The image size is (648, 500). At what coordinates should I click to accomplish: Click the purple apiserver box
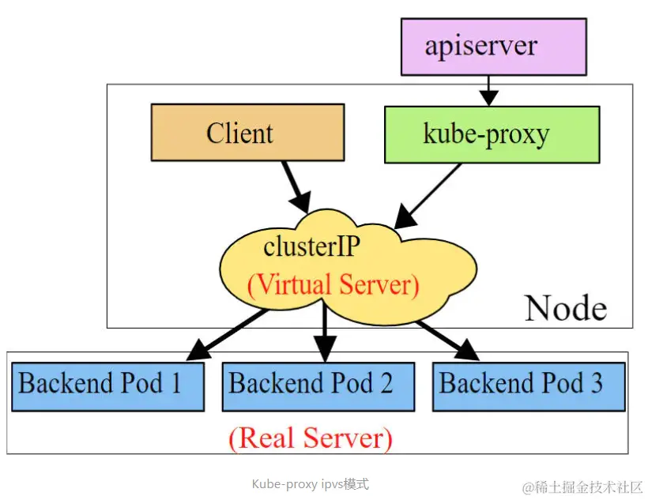[493, 46]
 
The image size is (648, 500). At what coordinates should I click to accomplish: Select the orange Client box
[247, 133]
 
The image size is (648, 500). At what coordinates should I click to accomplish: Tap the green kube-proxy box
[492, 134]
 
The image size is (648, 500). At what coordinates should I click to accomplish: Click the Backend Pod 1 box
[108, 386]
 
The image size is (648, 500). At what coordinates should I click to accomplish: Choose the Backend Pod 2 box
[318, 386]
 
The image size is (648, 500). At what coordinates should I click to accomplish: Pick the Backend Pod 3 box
[529, 386]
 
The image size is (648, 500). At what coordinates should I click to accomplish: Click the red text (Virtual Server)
[333, 284]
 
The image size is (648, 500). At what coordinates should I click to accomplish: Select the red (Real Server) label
[310, 437]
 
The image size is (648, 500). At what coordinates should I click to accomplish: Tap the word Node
[566, 308]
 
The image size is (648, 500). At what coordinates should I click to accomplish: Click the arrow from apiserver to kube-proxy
[489, 89]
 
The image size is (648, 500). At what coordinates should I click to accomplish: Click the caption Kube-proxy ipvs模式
[310, 484]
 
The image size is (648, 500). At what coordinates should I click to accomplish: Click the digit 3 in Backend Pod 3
[595, 384]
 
